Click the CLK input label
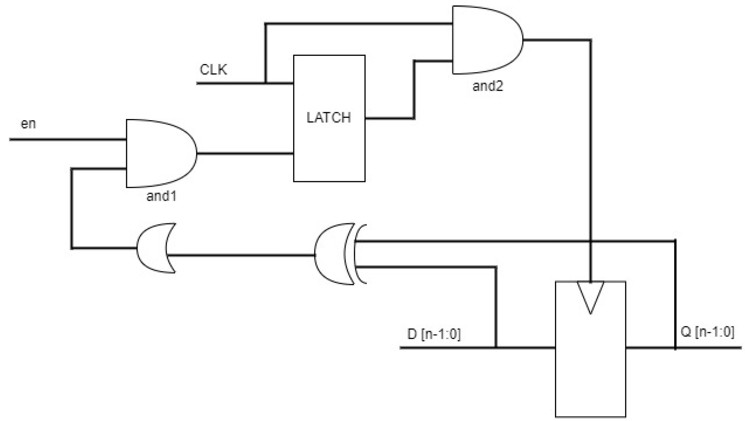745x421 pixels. click(213, 70)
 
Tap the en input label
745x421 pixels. click(28, 124)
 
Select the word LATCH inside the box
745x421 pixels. click(329, 117)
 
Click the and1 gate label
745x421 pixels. click(161, 196)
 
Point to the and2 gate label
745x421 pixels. click(487, 86)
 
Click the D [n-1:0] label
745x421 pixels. click(434, 334)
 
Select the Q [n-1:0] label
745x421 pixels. click(707, 332)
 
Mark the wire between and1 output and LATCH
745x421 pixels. click(245, 154)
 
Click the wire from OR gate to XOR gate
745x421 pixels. click(240, 255)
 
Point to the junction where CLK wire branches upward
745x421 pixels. click(265, 83)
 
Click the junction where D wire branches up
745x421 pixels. click(496, 348)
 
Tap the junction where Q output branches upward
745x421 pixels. click(675, 348)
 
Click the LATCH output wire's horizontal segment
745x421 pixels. click(389, 118)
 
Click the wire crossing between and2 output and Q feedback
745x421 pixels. click(591, 241)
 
